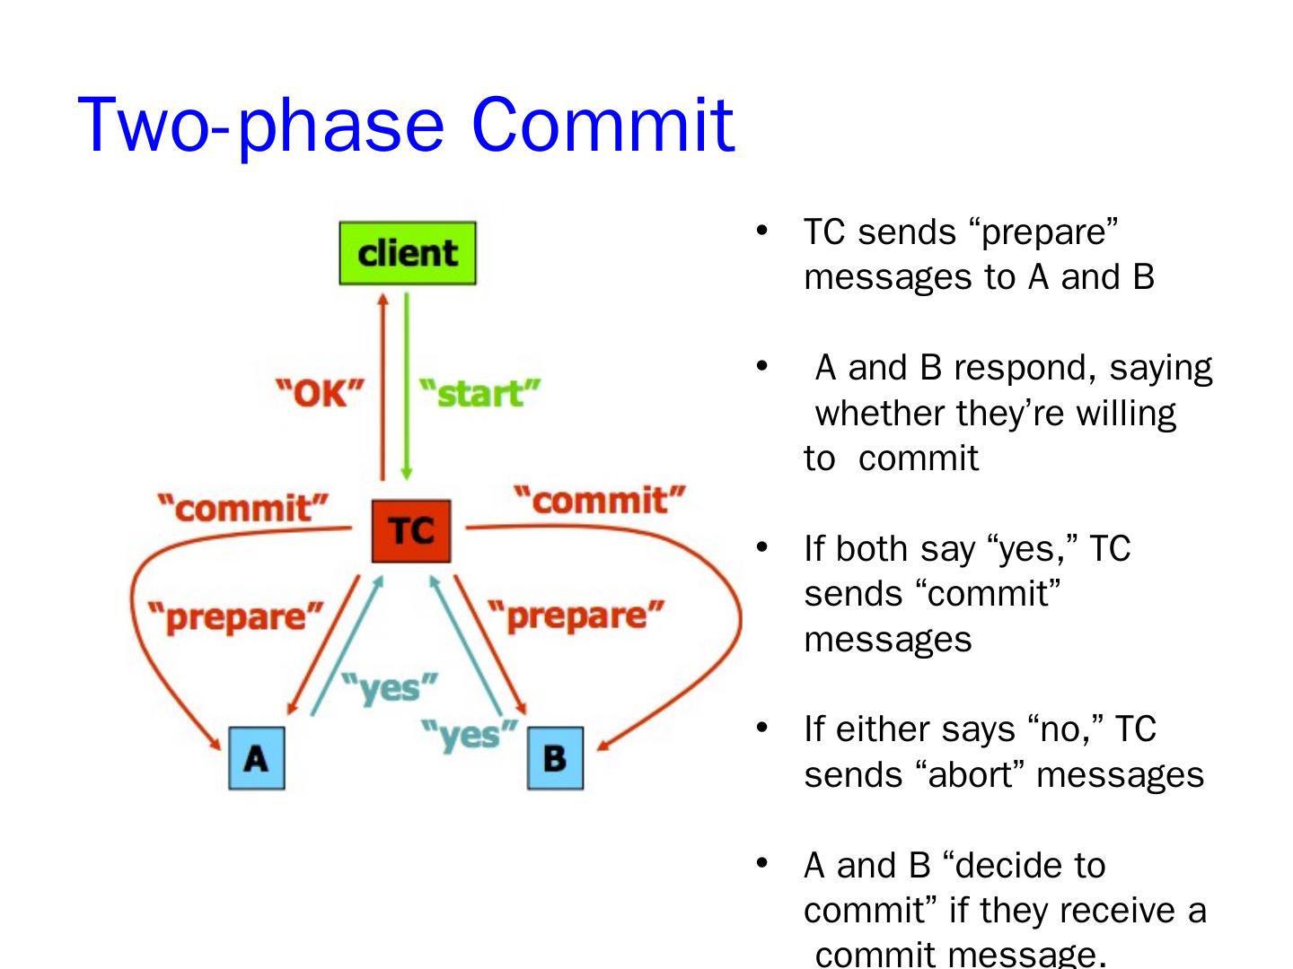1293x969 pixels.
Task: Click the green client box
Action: [x=407, y=253]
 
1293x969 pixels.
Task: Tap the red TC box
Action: [x=411, y=531]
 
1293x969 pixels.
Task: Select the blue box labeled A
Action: [x=256, y=758]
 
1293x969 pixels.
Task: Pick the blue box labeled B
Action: [x=555, y=758]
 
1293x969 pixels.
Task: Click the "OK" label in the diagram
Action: [x=321, y=393]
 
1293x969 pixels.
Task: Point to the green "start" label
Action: [x=479, y=393]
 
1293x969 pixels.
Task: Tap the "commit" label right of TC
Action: [x=599, y=500]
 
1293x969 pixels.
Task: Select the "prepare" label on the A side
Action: [x=235, y=617]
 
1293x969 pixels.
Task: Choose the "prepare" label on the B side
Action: [x=576, y=615]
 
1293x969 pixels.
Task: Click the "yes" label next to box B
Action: [x=470, y=734]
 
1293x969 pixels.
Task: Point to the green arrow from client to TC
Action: [x=407, y=386]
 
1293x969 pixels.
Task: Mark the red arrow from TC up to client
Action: [x=383, y=386]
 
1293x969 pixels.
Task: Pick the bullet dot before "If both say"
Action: [x=762, y=546]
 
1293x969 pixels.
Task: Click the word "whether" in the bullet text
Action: [x=880, y=414]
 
